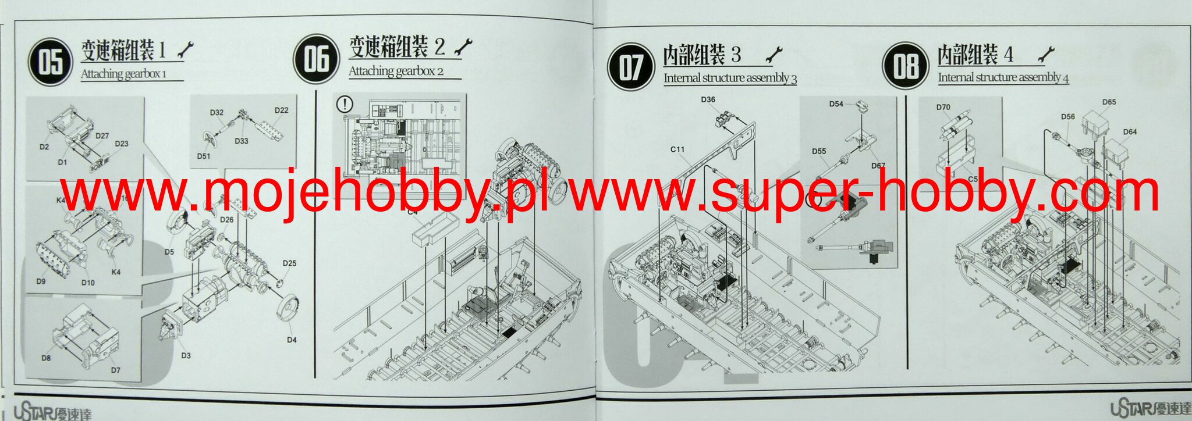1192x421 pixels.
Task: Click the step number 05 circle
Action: [x=51, y=61]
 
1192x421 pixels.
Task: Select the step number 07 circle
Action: [x=630, y=66]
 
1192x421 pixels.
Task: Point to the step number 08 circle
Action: [x=905, y=65]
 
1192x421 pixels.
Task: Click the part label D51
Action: [x=203, y=156]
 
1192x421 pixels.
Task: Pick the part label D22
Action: [x=281, y=110]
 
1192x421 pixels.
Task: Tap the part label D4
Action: [x=292, y=340]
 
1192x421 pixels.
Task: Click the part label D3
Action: [x=186, y=355]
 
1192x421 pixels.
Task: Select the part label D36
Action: [x=708, y=99]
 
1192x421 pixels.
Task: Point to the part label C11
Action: [x=677, y=149]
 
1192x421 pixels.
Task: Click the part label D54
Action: [x=836, y=104]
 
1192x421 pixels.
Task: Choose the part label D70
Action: [x=943, y=107]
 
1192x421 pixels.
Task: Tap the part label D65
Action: [x=1109, y=102]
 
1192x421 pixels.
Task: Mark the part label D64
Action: [x=1130, y=132]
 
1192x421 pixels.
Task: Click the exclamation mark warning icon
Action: [x=345, y=104]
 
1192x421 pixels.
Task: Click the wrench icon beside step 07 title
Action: [x=774, y=55]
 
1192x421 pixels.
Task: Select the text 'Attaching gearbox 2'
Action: [x=396, y=72]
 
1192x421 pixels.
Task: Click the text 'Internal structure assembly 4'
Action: [x=1003, y=77]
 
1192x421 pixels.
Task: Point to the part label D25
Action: [x=289, y=263]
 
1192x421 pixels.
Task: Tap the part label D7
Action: [x=115, y=370]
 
